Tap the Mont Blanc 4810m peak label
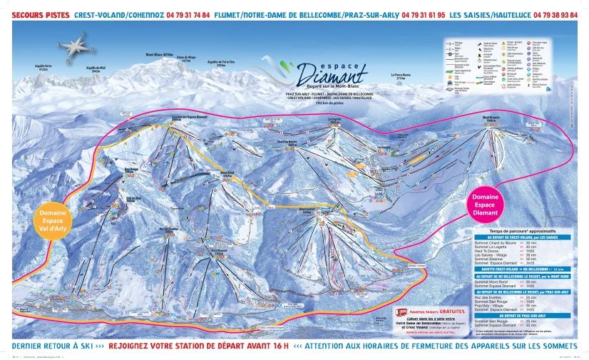pos(159,55)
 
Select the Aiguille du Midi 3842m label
pos(96,70)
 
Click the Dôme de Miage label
pos(186,59)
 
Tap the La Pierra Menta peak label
pos(402,76)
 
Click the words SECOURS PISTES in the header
pos(40,14)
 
